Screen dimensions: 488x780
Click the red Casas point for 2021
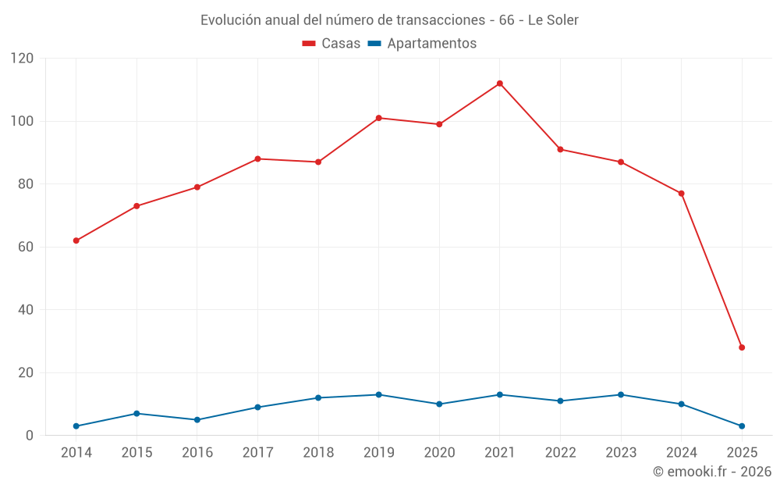pyautogui.click(x=499, y=84)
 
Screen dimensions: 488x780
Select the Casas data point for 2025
pyautogui.click(x=742, y=347)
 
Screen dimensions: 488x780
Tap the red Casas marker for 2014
pyautogui.click(x=76, y=240)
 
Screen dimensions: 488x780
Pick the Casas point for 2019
pyautogui.click(x=378, y=118)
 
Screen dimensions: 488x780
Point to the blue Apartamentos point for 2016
pyautogui.click(x=197, y=420)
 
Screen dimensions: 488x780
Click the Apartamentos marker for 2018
pyautogui.click(x=318, y=398)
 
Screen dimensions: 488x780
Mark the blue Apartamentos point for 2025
pyautogui.click(x=742, y=426)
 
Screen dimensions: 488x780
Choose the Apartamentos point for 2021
pyautogui.click(x=499, y=394)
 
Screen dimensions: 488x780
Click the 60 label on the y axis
pyautogui.click(x=27, y=248)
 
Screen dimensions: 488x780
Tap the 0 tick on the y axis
pyautogui.click(x=30, y=436)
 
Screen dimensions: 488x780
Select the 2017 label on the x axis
pyautogui.click(x=257, y=453)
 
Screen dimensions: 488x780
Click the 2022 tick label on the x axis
pyautogui.click(x=560, y=453)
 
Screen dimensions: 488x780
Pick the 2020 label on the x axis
pyautogui.click(x=439, y=453)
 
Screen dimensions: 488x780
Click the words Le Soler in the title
pyautogui.click(x=553, y=20)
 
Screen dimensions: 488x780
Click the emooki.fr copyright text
pyautogui.click(x=712, y=472)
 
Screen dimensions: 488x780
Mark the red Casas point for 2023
pyautogui.click(x=621, y=162)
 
